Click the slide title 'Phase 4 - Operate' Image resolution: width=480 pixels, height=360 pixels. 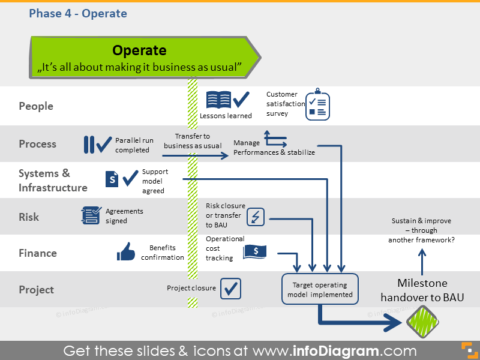pos(78,13)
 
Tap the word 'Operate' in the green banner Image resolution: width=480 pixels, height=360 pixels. pos(139,50)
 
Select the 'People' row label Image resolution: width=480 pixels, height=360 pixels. pos(36,106)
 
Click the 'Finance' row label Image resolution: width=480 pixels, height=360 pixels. pos(38,253)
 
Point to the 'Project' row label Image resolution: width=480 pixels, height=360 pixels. pos(37,290)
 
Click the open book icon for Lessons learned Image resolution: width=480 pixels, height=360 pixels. pos(218,100)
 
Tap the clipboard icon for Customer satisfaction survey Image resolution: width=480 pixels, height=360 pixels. pos(317,106)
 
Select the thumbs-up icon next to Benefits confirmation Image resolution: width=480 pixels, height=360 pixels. pos(126,252)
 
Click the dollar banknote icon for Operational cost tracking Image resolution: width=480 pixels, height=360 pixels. pos(255,252)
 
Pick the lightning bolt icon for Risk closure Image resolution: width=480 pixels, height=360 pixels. pos(256,217)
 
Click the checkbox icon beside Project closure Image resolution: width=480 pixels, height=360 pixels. pos(230,289)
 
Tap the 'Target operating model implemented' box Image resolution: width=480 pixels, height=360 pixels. pos(319,290)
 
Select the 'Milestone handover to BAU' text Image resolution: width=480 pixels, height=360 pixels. pos(422,290)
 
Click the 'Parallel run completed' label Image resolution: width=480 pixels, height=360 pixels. pos(134,145)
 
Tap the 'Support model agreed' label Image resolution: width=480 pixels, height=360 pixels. pos(155,181)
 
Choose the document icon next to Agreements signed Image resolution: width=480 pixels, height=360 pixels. pos(91,215)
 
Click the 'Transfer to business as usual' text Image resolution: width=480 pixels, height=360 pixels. pos(193,141)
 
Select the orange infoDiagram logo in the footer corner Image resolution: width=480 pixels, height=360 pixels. pos(466,350)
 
